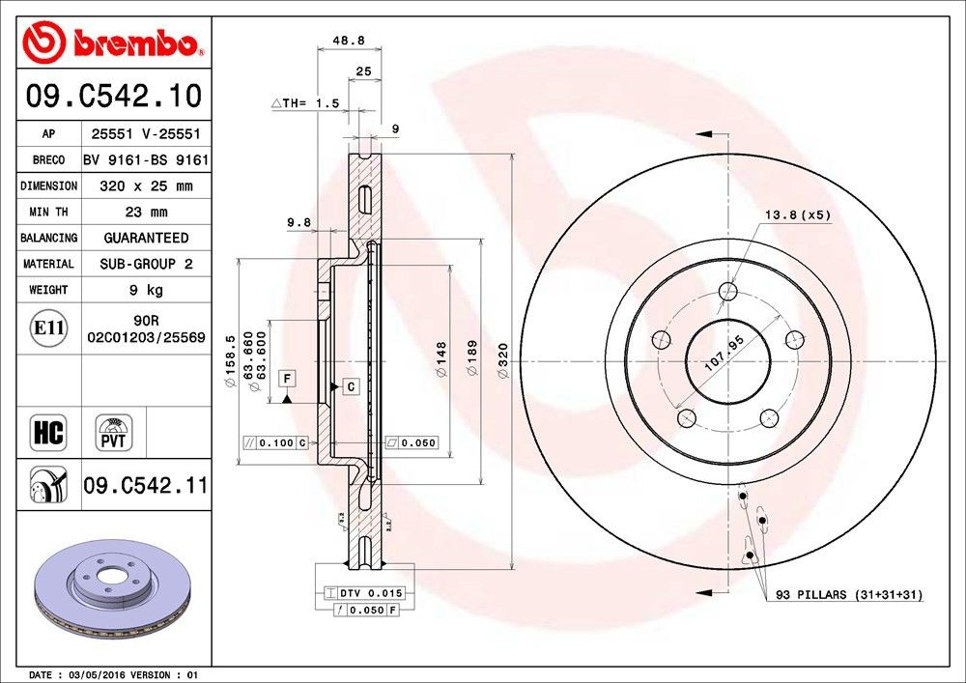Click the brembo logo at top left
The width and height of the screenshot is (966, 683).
(114, 42)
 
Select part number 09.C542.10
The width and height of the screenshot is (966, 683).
(114, 97)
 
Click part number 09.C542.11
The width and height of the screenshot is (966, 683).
(145, 486)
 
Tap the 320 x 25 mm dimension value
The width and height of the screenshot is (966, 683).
(146, 185)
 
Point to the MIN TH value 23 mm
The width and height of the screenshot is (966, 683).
(146, 212)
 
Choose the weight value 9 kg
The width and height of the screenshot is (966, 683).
(146, 290)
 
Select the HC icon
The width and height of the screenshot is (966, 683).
(47, 432)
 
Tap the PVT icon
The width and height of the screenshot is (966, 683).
(112, 432)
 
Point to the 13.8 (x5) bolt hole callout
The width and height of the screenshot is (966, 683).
(798, 214)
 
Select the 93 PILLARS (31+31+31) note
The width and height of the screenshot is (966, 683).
(848, 595)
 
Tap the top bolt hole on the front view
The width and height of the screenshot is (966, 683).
(728, 291)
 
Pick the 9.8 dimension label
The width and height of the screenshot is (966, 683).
(298, 222)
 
